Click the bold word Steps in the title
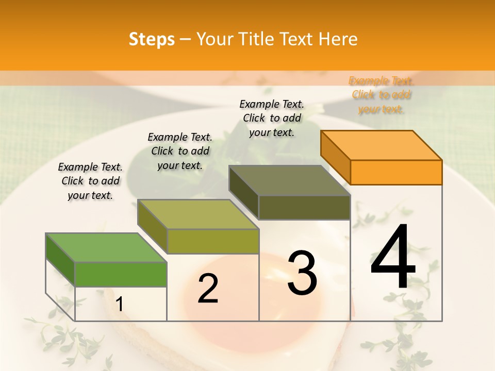[152, 40]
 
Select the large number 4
[393, 258]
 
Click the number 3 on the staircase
[302, 274]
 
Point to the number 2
[208, 289]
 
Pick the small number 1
[119, 305]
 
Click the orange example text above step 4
[381, 95]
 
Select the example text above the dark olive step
[272, 118]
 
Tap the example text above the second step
[180, 151]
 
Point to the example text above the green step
[90, 181]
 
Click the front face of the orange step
[396, 172]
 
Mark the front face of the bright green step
[121, 274]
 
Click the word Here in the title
[338, 40]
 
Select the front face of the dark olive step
[304, 207]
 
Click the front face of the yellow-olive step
[212, 241]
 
